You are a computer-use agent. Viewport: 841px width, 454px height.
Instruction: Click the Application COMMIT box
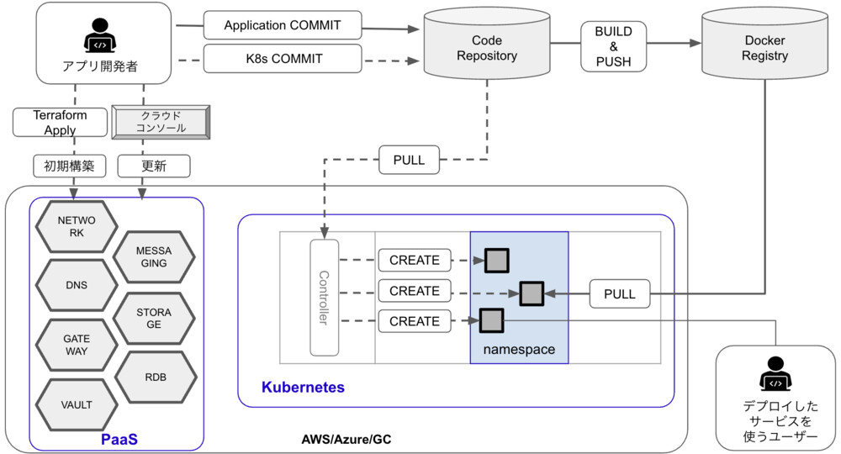point(283,25)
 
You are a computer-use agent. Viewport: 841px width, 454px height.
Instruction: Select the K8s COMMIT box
point(283,59)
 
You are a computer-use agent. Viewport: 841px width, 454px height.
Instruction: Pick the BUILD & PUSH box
point(613,46)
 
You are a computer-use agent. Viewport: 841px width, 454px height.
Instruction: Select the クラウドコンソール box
point(160,122)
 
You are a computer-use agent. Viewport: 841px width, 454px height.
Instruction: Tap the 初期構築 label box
point(69,166)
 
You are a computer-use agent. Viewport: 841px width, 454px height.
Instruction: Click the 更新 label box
point(154,166)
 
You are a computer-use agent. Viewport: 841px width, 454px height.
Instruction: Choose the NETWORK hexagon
point(77,226)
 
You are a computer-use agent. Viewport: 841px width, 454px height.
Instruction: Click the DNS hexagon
point(77,285)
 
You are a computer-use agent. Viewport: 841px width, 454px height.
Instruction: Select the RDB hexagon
point(155,377)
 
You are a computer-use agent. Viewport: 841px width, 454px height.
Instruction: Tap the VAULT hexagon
point(77,404)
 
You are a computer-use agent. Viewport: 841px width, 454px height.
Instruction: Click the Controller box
point(324,297)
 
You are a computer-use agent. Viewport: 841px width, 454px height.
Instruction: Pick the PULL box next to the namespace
point(619,294)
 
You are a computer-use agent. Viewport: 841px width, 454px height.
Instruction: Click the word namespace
point(519,349)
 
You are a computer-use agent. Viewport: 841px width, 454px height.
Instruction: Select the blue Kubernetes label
point(303,388)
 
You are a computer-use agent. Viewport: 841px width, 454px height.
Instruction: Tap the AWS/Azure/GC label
point(346,439)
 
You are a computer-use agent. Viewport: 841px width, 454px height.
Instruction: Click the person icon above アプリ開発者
point(100,38)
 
